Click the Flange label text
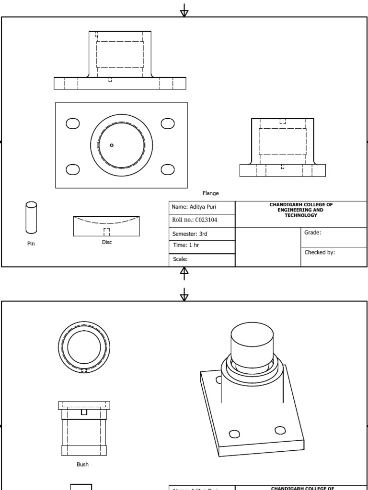(210, 193)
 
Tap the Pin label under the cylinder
(31, 244)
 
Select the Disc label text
(107, 242)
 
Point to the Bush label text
(82, 464)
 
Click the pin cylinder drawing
(31, 218)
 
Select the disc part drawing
(106, 226)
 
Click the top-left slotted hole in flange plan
(73, 123)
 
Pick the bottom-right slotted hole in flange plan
(168, 169)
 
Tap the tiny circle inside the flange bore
(112, 145)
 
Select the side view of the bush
(84, 428)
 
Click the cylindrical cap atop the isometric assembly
(253, 345)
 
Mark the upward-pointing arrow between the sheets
(184, 273)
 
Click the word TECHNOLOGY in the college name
(301, 215)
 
